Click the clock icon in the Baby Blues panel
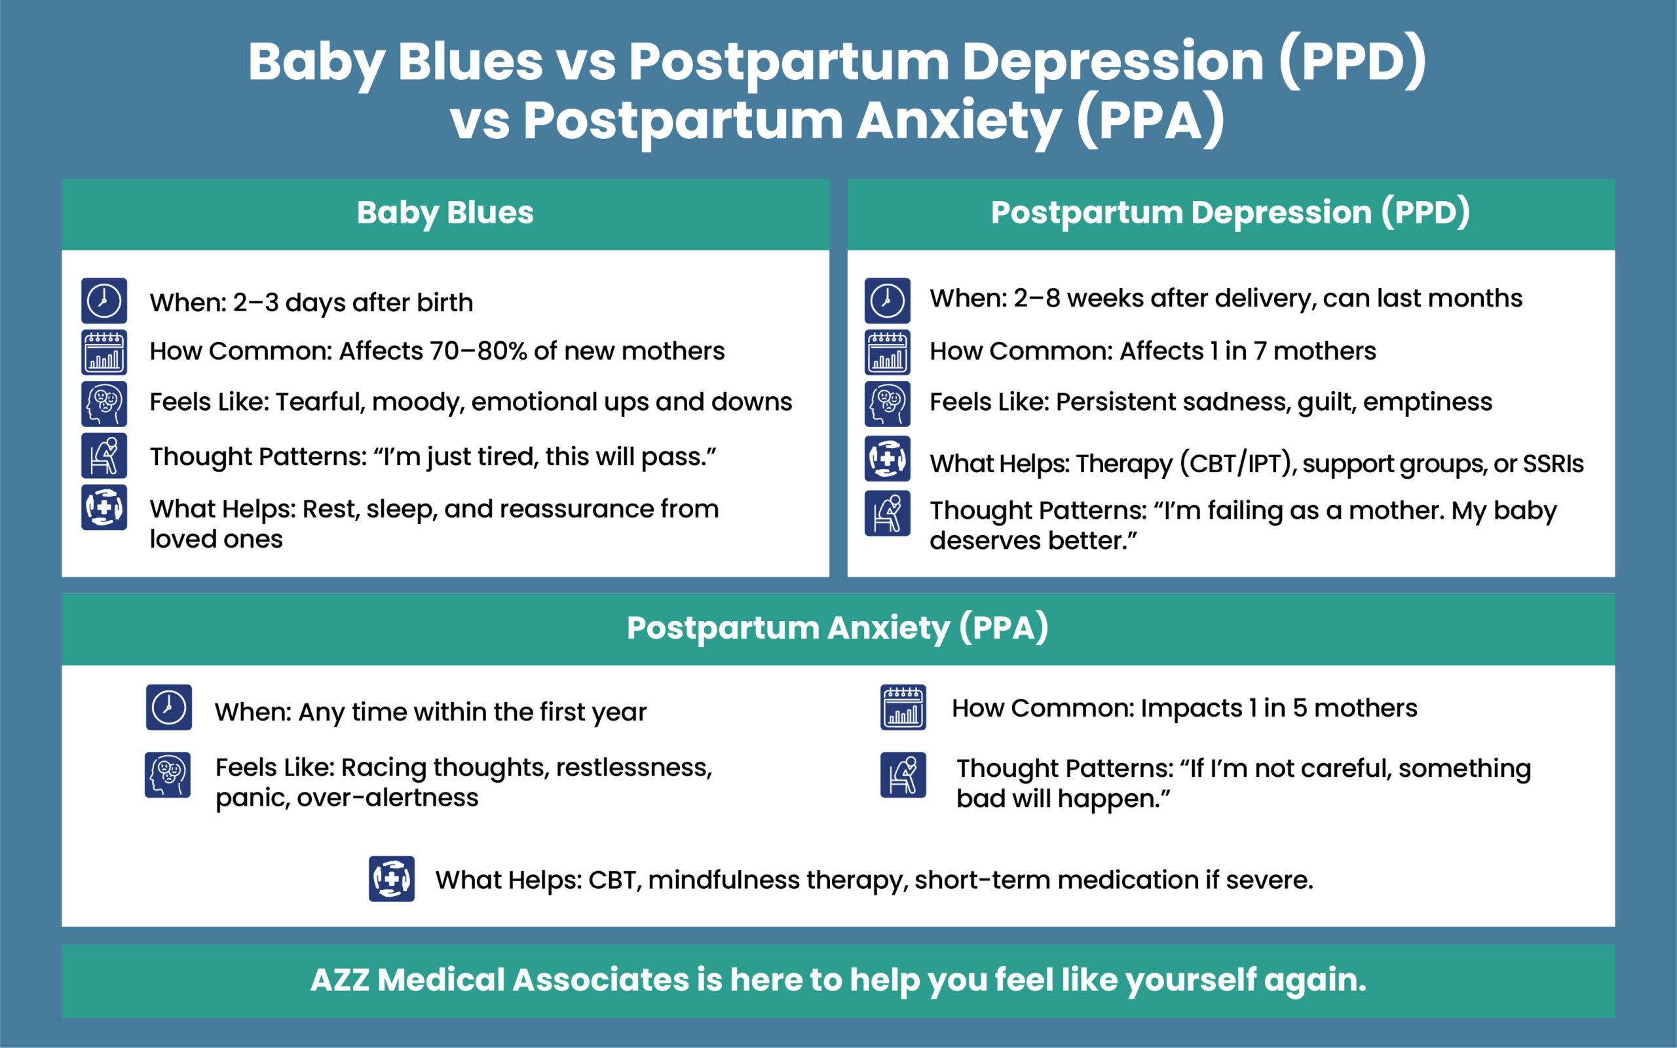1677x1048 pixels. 104,301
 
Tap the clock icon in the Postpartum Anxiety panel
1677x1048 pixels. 168,707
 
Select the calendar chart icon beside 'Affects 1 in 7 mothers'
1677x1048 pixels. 887,352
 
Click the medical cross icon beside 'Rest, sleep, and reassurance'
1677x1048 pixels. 104,508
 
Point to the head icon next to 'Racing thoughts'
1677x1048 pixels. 168,775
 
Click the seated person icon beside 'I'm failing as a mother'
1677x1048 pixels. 887,514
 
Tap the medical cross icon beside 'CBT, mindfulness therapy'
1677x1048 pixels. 392,879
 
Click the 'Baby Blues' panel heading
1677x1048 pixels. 445,213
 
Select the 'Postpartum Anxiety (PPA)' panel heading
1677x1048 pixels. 837,628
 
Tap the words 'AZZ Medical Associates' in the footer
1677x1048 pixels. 499,980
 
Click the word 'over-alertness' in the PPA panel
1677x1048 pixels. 387,798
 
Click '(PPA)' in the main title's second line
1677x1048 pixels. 1151,121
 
